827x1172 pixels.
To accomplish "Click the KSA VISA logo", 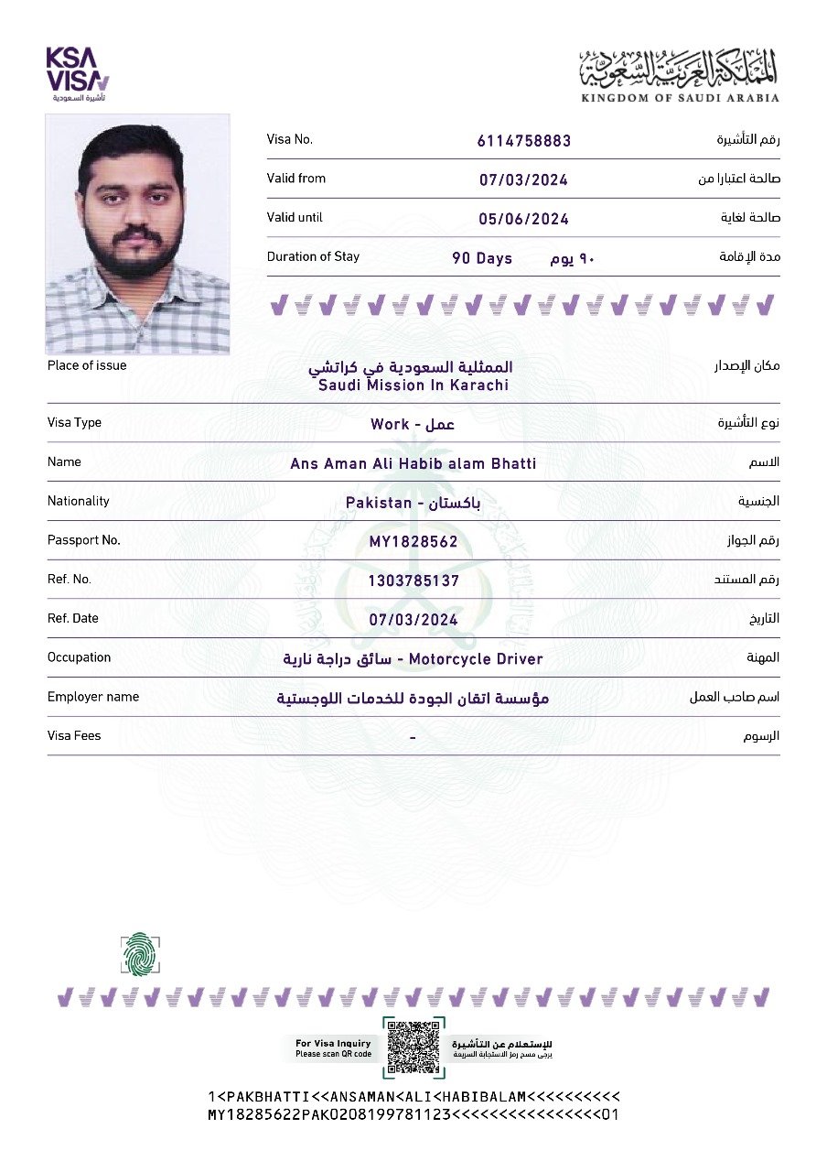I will click(x=78, y=71).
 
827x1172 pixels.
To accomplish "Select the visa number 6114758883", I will click(x=524, y=141).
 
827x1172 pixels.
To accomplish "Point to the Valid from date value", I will click(x=523, y=179).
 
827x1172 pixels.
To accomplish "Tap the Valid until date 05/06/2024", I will click(x=523, y=219).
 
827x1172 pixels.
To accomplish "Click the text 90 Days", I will click(x=482, y=258).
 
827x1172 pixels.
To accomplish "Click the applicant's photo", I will click(x=138, y=233).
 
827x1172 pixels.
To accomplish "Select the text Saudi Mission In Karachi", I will click(x=413, y=385).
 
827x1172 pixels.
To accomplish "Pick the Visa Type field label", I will click(x=74, y=423).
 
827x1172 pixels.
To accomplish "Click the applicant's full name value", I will click(x=413, y=463).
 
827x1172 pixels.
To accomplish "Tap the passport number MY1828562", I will click(x=413, y=541).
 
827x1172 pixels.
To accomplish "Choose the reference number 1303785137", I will click(x=413, y=581).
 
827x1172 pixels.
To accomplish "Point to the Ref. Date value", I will click(x=413, y=620).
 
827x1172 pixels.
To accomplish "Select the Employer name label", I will click(x=93, y=697).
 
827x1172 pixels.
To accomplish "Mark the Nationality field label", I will click(x=78, y=501).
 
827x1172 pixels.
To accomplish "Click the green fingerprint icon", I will click(x=140, y=953).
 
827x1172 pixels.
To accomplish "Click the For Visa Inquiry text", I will click(x=333, y=1043).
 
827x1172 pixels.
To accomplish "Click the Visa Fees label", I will click(x=74, y=736).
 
